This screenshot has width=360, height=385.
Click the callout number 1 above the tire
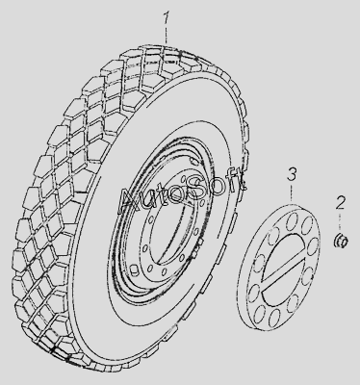coord(166,19)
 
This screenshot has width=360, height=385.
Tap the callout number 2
coord(341,204)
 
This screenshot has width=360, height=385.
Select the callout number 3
coord(292,175)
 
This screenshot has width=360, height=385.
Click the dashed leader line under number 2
coord(341,223)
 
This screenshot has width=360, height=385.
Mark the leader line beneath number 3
coord(292,192)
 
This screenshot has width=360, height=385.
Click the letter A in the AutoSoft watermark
coord(128,201)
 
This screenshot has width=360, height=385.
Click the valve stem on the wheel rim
coord(134,269)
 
